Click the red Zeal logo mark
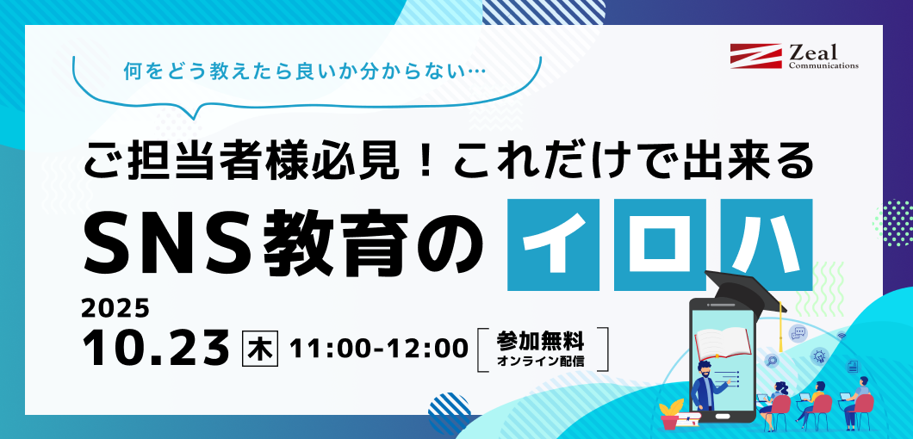point(755,56)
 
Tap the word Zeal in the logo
point(813,53)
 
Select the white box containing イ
point(553,244)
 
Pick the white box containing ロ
point(660,244)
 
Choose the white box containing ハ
point(767,244)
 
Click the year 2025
point(115,309)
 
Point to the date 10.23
point(155,347)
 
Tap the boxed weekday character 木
point(260,348)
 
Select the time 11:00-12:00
point(379,348)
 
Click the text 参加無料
point(540,340)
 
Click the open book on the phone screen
point(722,343)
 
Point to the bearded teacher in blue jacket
point(706,386)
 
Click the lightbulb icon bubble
point(820,356)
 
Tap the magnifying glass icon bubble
point(772,361)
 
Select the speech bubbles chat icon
point(798,334)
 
